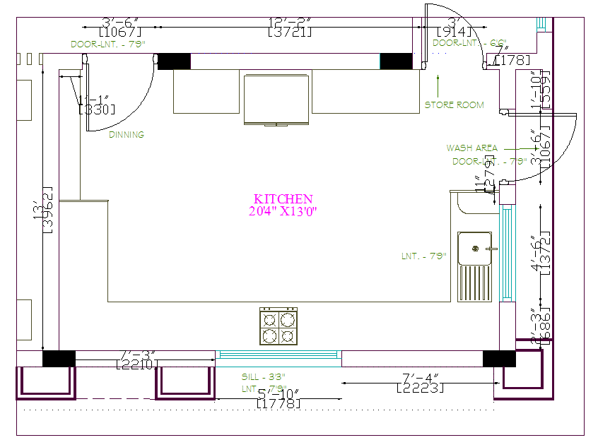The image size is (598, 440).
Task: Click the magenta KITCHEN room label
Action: (283, 199)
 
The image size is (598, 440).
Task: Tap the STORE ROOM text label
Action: (454, 105)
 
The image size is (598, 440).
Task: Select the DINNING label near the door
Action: (127, 134)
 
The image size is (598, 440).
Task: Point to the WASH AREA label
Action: (471, 148)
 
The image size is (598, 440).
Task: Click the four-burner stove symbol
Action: (279, 327)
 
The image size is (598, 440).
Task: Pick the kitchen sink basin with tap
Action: (474, 248)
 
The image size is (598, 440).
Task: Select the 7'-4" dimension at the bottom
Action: (421, 379)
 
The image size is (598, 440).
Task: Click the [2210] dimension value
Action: (137, 364)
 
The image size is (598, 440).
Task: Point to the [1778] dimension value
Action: (278, 404)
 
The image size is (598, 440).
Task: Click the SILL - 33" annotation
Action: (263, 377)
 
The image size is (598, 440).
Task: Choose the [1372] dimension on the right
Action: (545, 251)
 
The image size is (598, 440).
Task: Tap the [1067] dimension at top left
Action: (120, 32)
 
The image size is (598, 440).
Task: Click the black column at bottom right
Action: (499, 359)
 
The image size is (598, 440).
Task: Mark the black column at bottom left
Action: (59, 359)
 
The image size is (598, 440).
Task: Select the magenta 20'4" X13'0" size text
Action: (283, 211)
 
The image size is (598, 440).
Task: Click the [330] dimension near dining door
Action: (96, 109)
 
